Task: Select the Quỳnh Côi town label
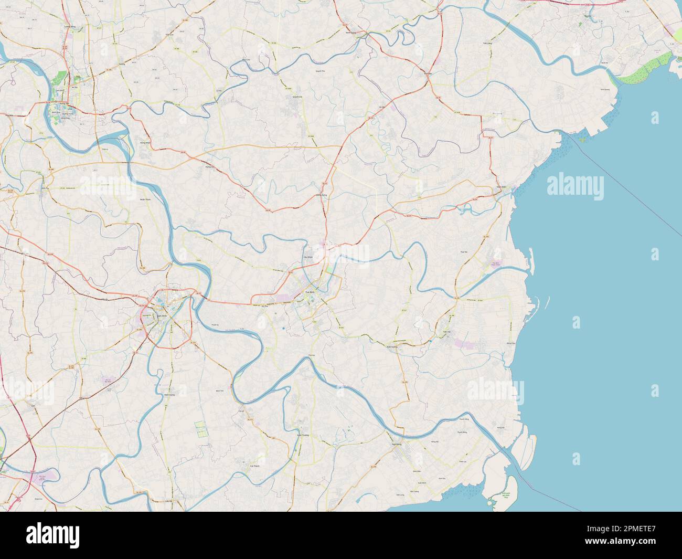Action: [x=297, y=97]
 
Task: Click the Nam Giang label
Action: [x=169, y=395]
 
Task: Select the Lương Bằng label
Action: [x=70, y=25]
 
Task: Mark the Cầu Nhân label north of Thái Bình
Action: [x=308, y=257]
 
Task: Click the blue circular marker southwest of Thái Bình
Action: [x=284, y=329]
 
